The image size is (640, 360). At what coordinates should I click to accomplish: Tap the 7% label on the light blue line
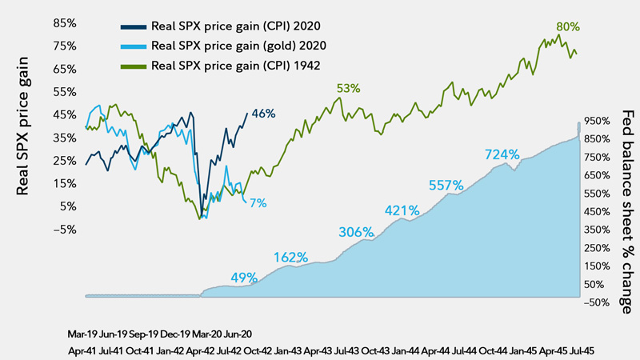[x=258, y=204]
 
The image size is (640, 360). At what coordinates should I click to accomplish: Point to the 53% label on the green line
[x=349, y=89]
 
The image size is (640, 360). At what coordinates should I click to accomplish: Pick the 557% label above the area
[x=446, y=185]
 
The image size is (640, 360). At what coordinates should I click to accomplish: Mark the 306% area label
[x=356, y=232]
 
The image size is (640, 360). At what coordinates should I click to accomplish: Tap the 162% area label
[x=290, y=258]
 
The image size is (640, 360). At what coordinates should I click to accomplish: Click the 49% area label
[x=244, y=278]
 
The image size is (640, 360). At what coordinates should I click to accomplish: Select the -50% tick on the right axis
[x=599, y=302]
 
